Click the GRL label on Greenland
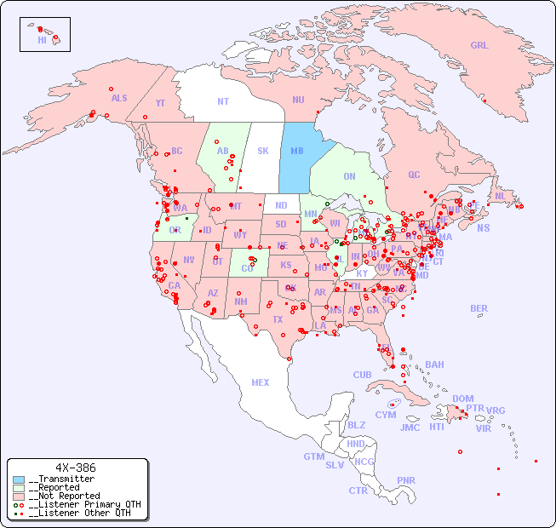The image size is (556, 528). click(479, 46)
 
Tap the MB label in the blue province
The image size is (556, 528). click(297, 151)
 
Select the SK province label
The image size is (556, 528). click(263, 151)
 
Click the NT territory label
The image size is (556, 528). click(222, 101)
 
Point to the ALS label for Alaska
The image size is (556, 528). click(119, 98)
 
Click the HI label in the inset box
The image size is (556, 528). click(42, 40)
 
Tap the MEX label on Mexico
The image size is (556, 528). click(261, 382)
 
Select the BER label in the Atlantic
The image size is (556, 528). click(479, 308)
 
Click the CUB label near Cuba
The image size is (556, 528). click(363, 375)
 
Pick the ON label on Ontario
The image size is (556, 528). click(349, 176)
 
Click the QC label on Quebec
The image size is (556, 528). click(414, 175)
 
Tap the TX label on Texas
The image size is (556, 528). click(278, 319)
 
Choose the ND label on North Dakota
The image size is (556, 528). click(281, 205)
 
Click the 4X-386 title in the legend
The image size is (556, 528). click(75, 468)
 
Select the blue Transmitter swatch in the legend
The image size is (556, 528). click(19, 479)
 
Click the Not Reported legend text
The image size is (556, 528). click(64, 496)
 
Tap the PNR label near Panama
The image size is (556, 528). click(406, 480)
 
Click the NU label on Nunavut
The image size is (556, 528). click(298, 100)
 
